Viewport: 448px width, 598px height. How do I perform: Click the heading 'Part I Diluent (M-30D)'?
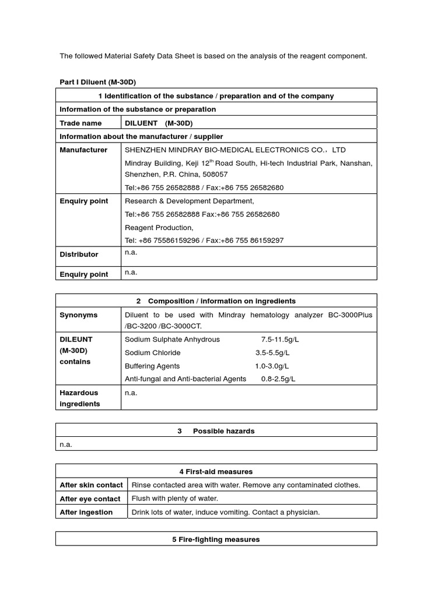[97, 82]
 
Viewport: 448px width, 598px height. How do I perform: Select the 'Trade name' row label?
[80, 123]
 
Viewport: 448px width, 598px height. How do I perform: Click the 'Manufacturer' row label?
[83, 150]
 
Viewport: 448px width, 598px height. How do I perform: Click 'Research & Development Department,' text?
[190, 201]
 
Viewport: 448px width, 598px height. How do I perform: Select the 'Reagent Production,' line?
[159, 228]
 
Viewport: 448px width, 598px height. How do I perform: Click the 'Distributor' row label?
[79, 255]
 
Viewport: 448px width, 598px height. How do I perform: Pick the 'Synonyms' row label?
[79, 315]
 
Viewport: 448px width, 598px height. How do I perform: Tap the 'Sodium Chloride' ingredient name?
[153, 353]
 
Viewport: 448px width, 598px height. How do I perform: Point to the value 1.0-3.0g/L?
[272, 366]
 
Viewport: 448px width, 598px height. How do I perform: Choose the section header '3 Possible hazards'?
[216, 431]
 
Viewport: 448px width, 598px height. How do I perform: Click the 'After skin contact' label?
[91, 485]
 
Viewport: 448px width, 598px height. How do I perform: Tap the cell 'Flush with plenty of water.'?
[174, 499]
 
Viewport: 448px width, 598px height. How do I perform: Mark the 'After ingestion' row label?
[86, 512]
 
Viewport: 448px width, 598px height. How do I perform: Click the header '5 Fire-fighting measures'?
[216, 540]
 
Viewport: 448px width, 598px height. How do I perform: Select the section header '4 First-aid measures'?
[216, 471]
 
